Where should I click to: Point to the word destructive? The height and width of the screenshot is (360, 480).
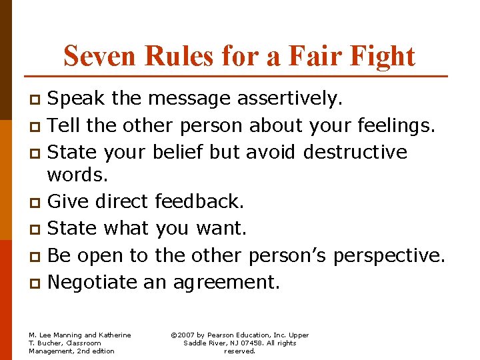tap(355, 151)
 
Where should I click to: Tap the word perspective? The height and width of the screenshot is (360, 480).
tap(389, 255)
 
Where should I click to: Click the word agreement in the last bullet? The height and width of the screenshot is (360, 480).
tap(226, 282)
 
